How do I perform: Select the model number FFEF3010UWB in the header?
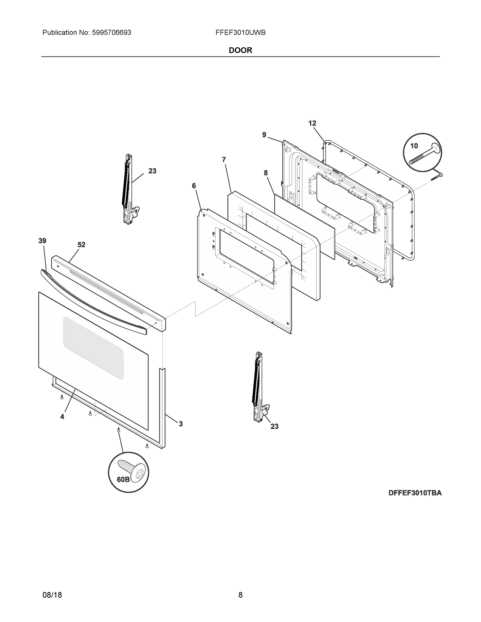coord(241,33)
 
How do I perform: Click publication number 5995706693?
coord(111,33)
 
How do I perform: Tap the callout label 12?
coord(312,123)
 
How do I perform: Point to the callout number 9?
coord(264,135)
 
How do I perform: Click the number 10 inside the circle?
coord(414,146)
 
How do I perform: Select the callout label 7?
coord(224,160)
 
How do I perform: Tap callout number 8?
coord(266,173)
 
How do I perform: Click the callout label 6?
coord(194,186)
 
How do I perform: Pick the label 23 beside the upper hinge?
coord(152,171)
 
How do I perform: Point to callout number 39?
coord(42,241)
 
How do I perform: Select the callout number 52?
coord(81,245)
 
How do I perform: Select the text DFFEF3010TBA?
coord(415,493)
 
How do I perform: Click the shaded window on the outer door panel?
coord(94,348)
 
